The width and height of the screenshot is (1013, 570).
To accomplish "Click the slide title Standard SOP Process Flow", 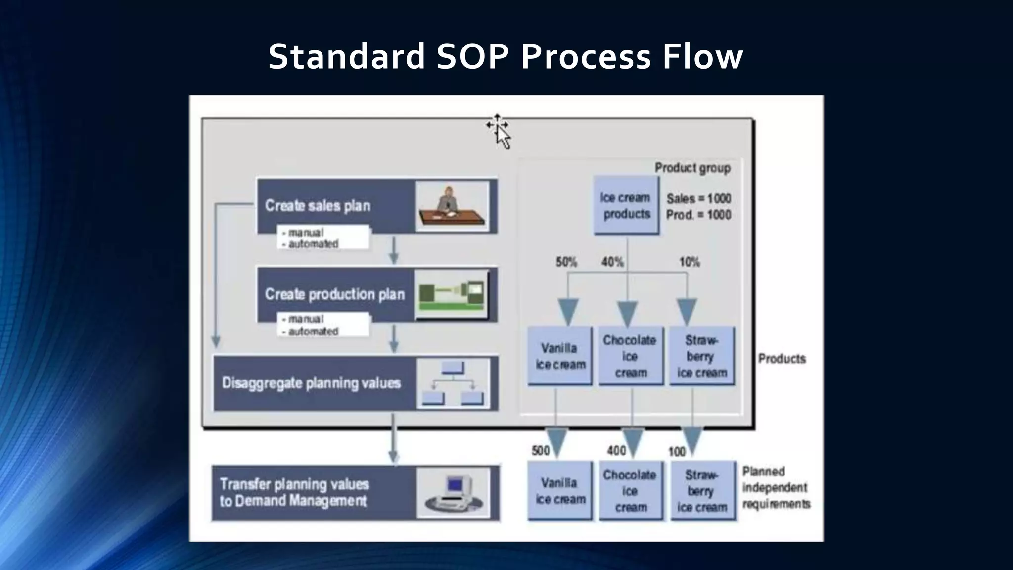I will pos(506,56).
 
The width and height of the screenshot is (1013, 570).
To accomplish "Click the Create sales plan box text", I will pos(318,205).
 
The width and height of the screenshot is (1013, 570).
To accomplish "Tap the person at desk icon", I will pos(452,206).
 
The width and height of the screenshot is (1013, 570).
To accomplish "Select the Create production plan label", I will pos(335,294).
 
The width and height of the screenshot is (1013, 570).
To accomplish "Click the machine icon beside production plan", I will pos(452,295).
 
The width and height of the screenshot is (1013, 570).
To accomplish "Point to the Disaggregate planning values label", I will pos(311,383).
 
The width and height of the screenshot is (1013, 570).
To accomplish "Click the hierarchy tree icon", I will pos(453,383).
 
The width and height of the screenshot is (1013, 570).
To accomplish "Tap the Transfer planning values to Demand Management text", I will pos(294,492).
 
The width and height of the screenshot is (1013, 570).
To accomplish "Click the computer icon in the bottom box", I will pos(453,493).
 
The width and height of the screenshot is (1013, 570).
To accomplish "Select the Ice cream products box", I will pos(626,205).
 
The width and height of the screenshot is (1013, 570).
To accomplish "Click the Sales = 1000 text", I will pos(698,198).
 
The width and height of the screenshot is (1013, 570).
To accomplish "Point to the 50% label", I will pos(566,262).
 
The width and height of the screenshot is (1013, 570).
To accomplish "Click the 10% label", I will pos(689,262).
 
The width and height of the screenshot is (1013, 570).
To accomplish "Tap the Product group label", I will pos(692,168).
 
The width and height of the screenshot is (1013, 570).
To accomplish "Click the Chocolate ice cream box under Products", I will pos(630,356).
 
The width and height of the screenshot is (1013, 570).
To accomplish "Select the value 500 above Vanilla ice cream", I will pos(540,450).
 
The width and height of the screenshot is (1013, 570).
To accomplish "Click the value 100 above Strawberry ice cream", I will pos(677,451).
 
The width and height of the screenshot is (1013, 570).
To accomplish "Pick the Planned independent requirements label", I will pos(776,487).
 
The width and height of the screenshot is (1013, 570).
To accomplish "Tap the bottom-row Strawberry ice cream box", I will pos(702,491).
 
